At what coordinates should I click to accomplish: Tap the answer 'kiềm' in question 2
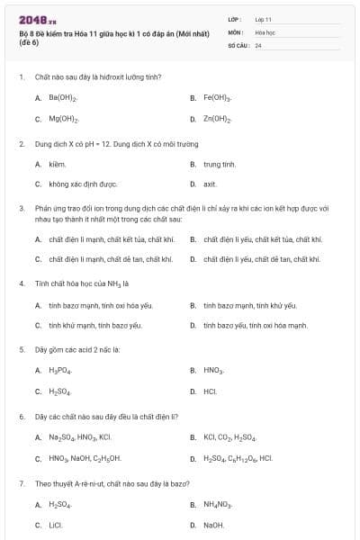[x=57, y=164]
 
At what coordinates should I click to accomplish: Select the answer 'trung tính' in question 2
[x=220, y=164]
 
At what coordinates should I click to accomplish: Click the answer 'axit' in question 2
[x=210, y=184]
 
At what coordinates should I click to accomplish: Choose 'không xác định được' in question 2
[x=83, y=184]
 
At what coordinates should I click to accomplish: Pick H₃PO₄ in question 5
[x=60, y=370]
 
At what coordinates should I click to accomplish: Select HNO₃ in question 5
[x=213, y=370]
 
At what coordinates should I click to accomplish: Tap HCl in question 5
[x=210, y=391]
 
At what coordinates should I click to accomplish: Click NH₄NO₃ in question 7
[x=218, y=504]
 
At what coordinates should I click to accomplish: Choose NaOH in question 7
[x=213, y=525]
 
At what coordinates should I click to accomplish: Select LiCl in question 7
[x=56, y=525]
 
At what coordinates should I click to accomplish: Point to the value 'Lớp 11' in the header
[x=263, y=18]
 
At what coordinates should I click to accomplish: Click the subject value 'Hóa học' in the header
[x=264, y=31]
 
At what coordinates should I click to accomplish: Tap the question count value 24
[x=258, y=44]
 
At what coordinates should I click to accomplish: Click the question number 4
[x=21, y=283]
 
